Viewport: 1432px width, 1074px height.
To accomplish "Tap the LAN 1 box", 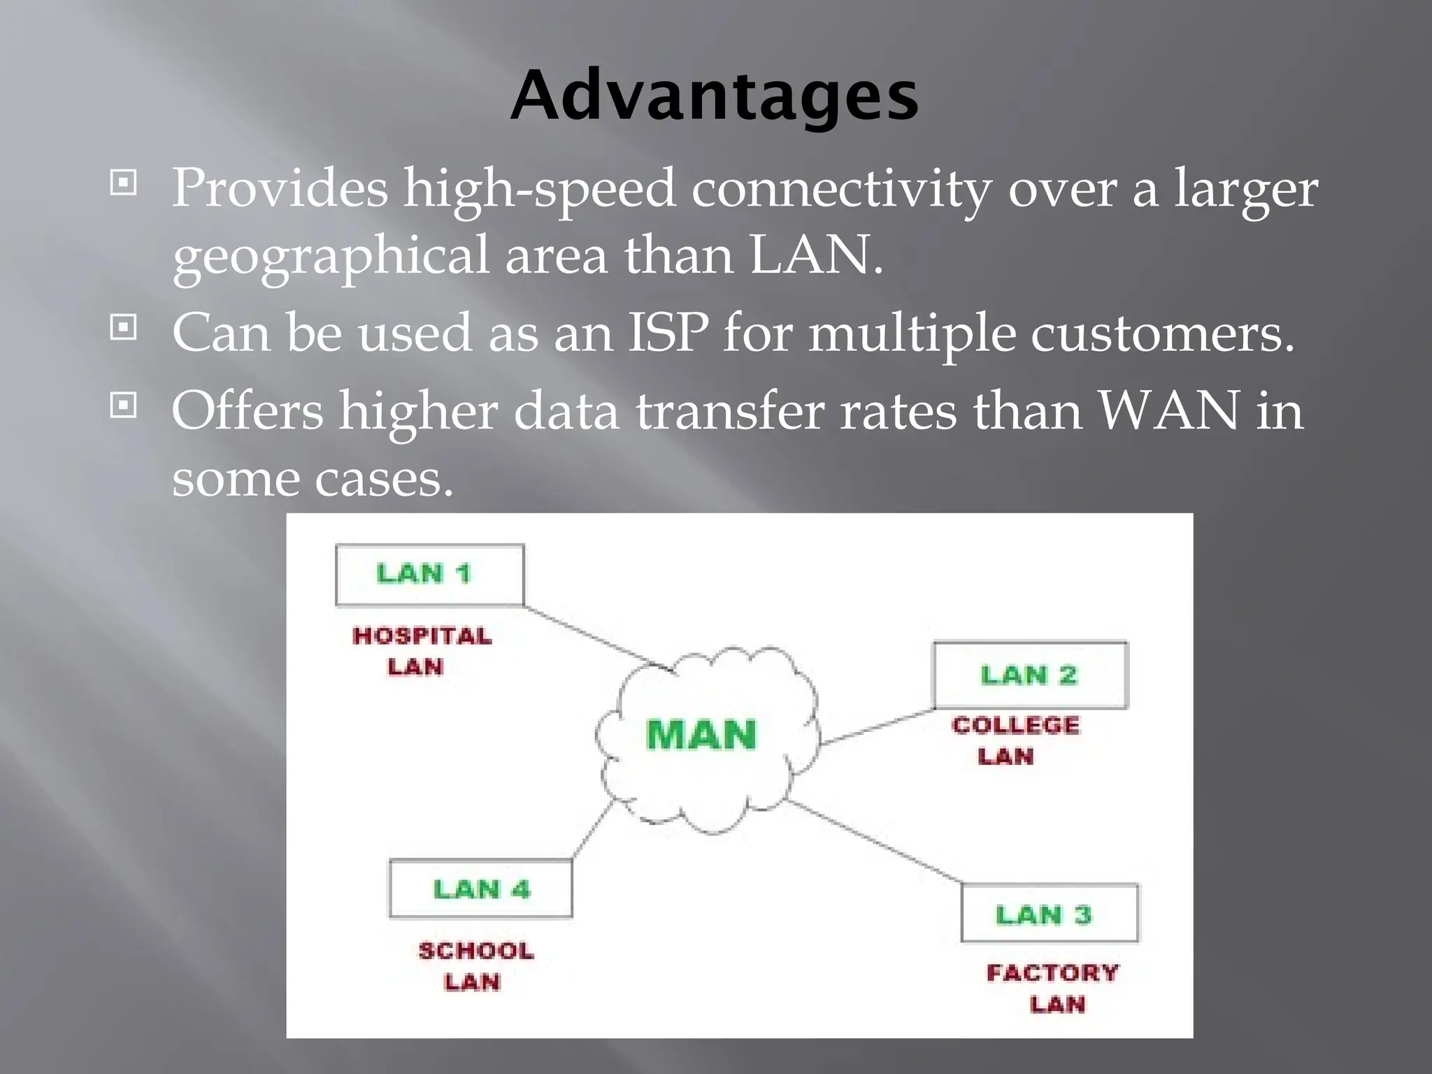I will [429, 575].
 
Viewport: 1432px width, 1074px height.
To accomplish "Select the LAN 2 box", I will [1030, 675].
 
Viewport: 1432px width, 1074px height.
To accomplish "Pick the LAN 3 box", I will [1050, 914].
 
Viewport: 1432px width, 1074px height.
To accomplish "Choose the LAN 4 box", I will [481, 889].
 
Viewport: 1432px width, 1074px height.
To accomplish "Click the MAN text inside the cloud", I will [701, 735].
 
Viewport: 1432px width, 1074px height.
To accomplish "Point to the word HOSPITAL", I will [422, 636].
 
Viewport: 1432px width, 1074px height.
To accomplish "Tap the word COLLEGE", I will [1015, 725].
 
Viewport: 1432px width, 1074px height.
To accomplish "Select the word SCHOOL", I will [476, 951].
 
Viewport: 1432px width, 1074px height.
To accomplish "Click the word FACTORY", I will [1052, 973].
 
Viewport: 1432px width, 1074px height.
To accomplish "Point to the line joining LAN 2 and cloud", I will [878, 727].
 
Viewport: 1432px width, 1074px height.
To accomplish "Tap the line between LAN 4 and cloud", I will [592, 830].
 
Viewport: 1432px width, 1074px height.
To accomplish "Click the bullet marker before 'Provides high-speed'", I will [124, 184].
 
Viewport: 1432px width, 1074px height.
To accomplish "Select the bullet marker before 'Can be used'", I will [124, 327].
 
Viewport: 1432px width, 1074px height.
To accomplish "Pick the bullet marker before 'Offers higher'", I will [124, 405].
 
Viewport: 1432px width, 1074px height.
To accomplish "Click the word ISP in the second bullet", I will [668, 332].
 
